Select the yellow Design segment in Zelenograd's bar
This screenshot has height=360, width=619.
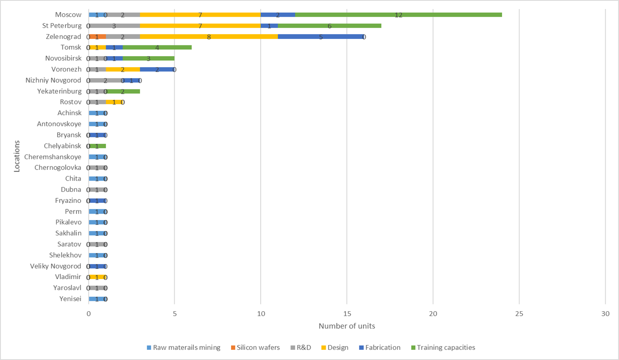[209, 37]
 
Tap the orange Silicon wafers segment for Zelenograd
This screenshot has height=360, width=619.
[97, 37]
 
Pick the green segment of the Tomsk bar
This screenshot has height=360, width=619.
[157, 48]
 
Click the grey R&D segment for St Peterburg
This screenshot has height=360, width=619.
[114, 26]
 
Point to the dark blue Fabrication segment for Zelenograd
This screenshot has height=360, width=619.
[320, 37]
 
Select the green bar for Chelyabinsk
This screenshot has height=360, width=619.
[98, 146]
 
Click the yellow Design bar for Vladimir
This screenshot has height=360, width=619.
[97, 277]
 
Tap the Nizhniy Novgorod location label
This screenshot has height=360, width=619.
[53, 80]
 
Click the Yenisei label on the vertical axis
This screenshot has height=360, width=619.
[70, 299]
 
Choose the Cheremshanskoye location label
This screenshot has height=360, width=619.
[53, 157]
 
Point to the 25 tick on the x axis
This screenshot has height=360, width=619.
[519, 314]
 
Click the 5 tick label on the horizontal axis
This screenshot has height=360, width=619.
[174, 314]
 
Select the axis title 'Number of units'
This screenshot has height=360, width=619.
[347, 326]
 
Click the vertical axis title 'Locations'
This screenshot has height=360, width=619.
[17, 157]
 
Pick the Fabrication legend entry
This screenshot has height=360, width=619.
[382, 348]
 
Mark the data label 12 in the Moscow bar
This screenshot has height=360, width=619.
[398, 15]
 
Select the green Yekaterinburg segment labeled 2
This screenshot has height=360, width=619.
[123, 91]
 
